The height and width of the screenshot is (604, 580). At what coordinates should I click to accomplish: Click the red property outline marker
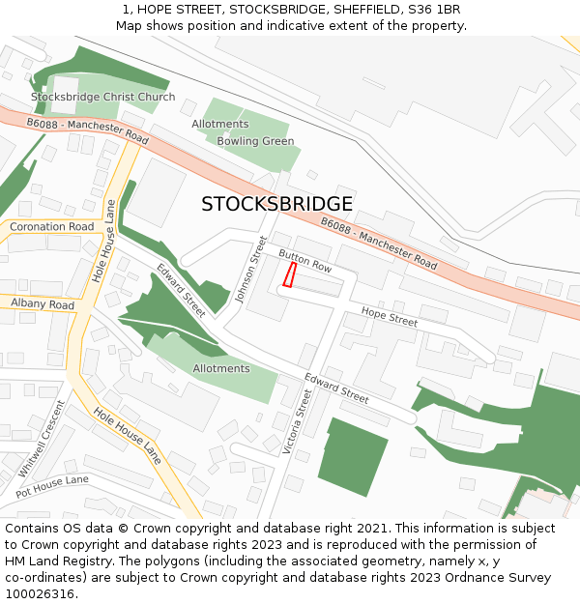click(x=288, y=274)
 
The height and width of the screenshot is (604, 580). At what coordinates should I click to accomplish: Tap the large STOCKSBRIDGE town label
click(x=276, y=204)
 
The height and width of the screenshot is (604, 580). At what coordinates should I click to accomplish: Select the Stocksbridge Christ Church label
click(x=103, y=97)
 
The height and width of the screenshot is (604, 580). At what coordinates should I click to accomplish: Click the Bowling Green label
click(x=255, y=141)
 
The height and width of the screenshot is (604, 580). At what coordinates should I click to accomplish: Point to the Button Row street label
click(x=305, y=260)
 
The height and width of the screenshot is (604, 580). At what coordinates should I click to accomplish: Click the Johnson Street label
click(x=249, y=270)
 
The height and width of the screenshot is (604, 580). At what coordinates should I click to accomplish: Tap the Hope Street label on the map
click(x=390, y=316)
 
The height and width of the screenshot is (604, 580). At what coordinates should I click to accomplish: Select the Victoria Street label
click(x=297, y=421)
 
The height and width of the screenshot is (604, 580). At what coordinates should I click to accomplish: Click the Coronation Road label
click(x=52, y=227)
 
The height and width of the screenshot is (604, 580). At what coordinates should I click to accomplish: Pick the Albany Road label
click(x=43, y=304)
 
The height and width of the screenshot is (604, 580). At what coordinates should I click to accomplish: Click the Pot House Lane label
click(x=51, y=486)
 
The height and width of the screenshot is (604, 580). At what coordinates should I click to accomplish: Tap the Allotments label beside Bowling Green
click(x=220, y=124)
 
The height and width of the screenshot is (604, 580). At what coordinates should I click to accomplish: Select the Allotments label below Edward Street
click(x=221, y=368)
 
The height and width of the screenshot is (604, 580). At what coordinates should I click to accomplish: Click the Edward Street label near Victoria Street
click(x=336, y=388)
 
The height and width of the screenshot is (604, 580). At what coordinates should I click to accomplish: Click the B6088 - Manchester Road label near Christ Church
click(x=87, y=131)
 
